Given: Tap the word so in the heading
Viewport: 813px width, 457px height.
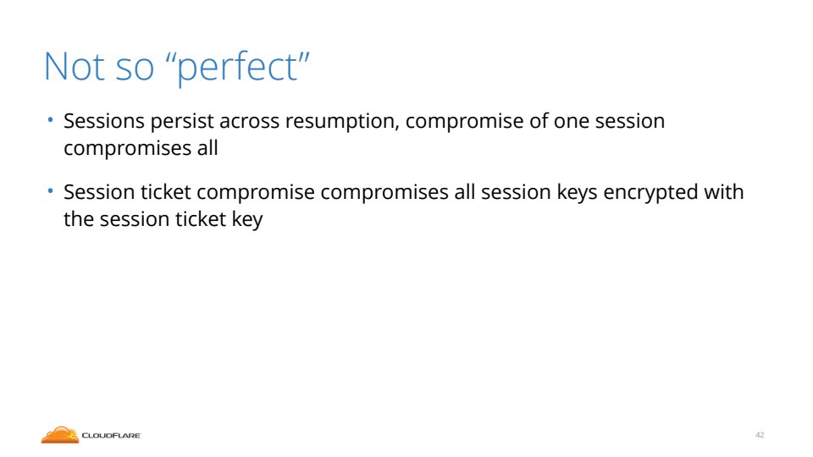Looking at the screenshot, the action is coord(135,70).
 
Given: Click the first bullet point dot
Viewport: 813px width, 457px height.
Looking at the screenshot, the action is coord(50,120).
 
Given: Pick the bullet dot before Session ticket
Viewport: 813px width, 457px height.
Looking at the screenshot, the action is coord(50,191).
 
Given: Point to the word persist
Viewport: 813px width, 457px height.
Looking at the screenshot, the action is coord(182,122).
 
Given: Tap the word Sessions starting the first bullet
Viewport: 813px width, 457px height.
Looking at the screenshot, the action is coord(104,121).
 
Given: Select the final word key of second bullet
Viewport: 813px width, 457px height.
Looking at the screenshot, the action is coord(247,220).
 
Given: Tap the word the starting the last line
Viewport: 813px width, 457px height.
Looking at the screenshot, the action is coord(79,219).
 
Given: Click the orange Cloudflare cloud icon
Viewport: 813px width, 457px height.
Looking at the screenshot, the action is coord(59,435).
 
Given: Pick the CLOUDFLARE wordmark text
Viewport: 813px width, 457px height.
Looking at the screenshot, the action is coord(111,436).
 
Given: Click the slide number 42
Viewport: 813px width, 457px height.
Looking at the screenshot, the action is coord(760,435).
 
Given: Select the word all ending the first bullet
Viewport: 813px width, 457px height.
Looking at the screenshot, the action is coord(207,147).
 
